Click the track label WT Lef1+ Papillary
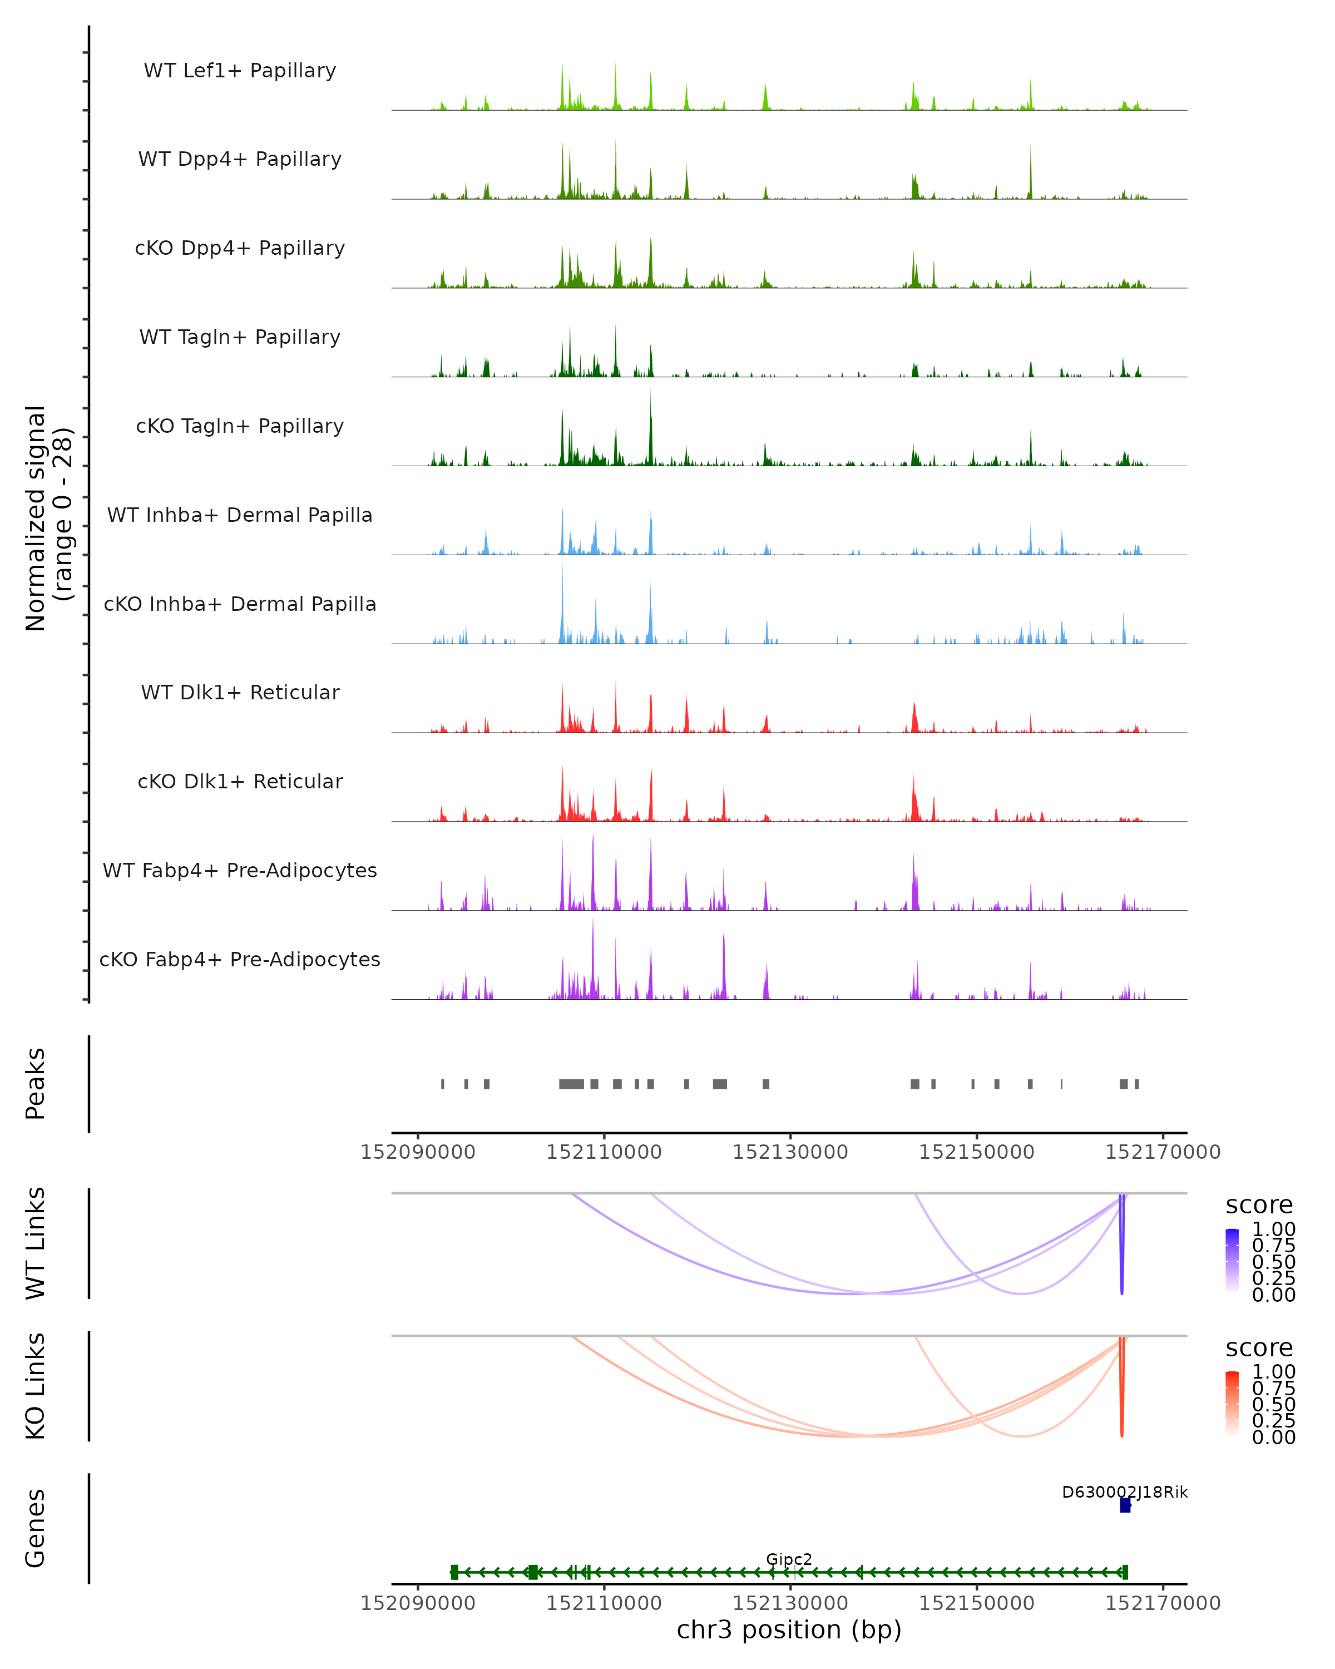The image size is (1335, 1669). point(240,71)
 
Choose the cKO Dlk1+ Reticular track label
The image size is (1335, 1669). point(240,781)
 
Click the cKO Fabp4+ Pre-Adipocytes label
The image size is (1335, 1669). point(240,959)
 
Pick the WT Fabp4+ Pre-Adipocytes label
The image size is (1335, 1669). point(240,870)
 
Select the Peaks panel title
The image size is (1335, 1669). point(36,1084)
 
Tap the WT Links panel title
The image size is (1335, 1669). point(36,1243)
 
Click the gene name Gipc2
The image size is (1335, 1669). point(789,1559)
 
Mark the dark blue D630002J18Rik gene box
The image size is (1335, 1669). point(1125,1505)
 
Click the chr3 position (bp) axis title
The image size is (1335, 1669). point(789,1630)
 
